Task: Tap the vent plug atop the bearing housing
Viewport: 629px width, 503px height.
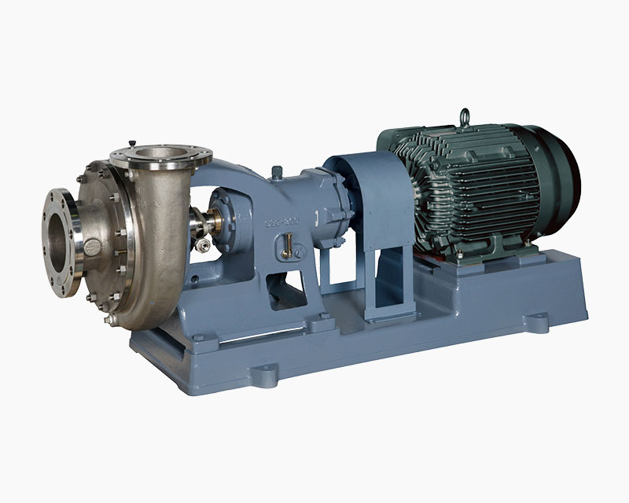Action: pos(278,171)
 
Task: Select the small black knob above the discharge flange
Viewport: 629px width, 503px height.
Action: pos(132,144)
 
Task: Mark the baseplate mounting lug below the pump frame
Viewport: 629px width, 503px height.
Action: pos(322,321)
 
